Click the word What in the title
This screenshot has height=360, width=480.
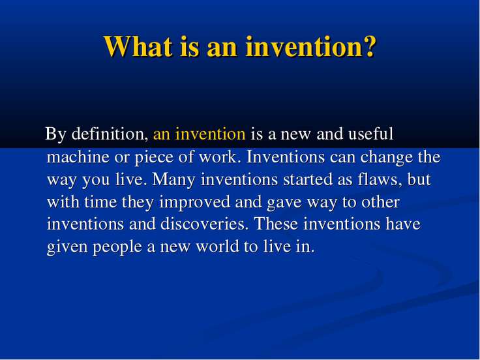pyautogui.click(x=138, y=46)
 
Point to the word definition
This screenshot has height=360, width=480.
pyautogui.click(x=110, y=134)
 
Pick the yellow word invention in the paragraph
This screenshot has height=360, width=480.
pyautogui.click(x=210, y=134)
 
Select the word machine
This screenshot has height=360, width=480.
pyautogui.click(x=78, y=157)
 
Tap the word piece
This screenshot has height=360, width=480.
pyautogui.click(x=154, y=158)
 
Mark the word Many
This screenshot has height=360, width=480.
pyautogui.click(x=173, y=180)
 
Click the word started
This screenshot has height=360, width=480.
pyautogui.click(x=308, y=179)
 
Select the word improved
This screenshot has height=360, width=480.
pyautogui.click(x=195, y=203)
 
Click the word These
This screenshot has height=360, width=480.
pyautogui.click(x=276, y=224)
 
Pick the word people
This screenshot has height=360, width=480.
pyautogui.click(x=117, y=247)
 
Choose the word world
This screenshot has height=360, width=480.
pyautogui.click(x=217, y=246)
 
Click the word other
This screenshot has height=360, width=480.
pyautogui.click(x=380, y=202)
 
